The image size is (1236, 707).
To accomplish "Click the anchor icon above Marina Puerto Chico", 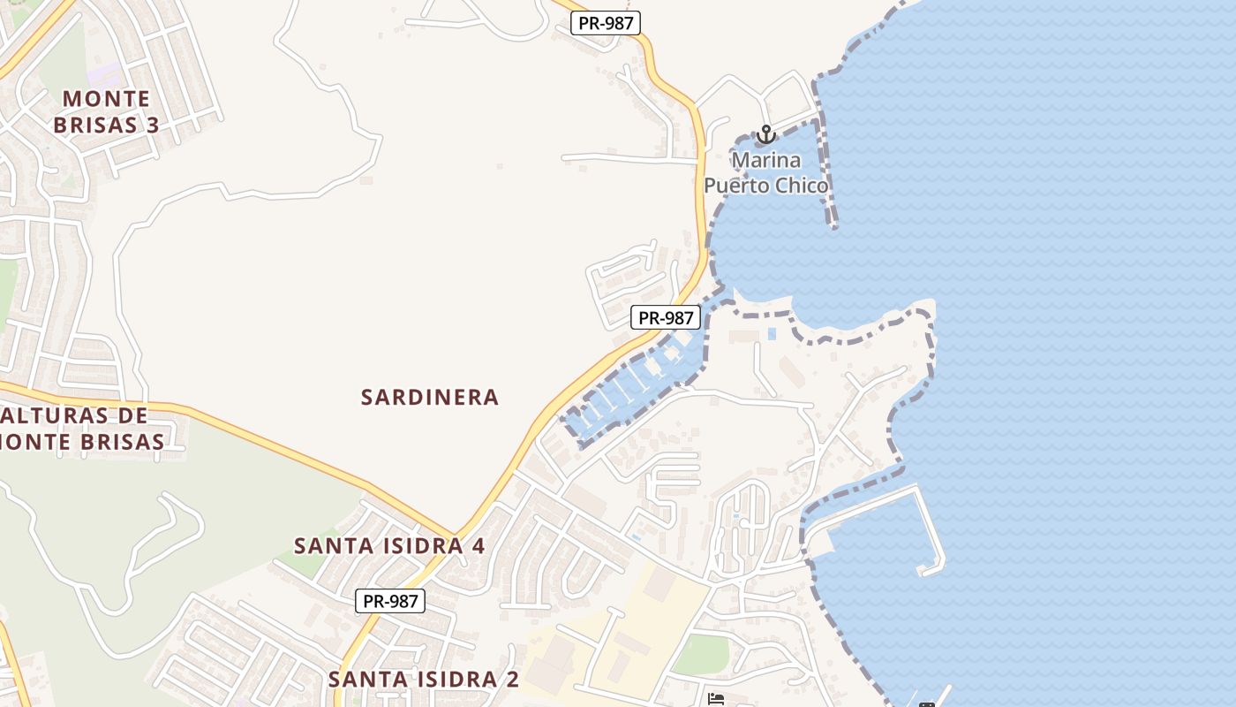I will click(x=765, y=135).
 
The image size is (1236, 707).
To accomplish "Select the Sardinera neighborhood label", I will click(x=430, y=398).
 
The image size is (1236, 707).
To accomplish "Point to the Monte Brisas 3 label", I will click(x=106, y=111).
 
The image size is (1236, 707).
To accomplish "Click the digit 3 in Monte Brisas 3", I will click(x=152, y=125).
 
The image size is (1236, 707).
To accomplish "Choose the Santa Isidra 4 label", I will click(x=389, y=545).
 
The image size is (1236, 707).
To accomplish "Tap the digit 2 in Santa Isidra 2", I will click(x=511, y=680).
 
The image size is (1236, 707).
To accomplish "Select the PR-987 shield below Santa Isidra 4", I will click(x=390, y=601).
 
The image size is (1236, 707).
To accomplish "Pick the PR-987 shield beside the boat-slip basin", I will click(x=666, y=317).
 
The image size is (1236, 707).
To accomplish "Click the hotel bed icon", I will click(x=716, y=699).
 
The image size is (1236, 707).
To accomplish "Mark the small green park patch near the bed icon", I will click(x=701, y=654).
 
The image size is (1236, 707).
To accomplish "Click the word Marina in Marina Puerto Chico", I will click(x=766, y=161).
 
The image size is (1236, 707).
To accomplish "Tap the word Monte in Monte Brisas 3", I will click(x=107, y=98).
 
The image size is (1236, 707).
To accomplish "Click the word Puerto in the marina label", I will click(x=733, y=186).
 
